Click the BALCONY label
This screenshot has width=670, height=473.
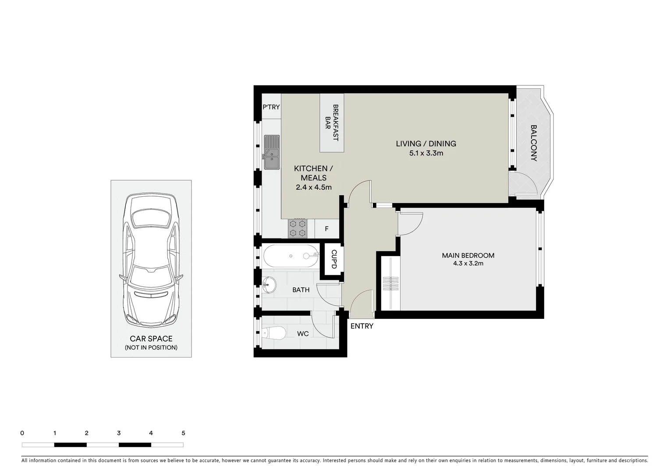(x=534, y=143)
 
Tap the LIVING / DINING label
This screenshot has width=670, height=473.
(x=426, y=144)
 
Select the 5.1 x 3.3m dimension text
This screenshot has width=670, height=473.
(x=426, y=153)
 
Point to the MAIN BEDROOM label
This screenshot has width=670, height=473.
(x=468, y=255)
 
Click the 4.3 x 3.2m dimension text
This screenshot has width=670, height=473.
(x=468, y=264)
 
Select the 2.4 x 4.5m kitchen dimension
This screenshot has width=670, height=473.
(x=313, y=187)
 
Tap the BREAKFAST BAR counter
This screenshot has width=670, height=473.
(x=332, y=123)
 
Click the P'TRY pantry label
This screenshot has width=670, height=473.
(x=271, y=107)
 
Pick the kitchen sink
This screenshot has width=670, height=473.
(x=272, y=152)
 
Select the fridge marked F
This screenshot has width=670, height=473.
(x=326, y=229)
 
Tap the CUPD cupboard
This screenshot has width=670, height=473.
(x=333, y=259)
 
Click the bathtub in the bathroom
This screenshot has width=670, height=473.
(x=291, y=256)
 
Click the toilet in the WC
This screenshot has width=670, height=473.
(x=273, y=334)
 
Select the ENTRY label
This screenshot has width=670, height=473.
(x=362, y=326)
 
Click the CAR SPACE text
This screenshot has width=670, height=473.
(x=151, y=339)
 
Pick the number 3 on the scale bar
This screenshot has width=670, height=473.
(x=119, y=433)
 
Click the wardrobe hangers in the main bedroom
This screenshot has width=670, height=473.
(x=391, y=284)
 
